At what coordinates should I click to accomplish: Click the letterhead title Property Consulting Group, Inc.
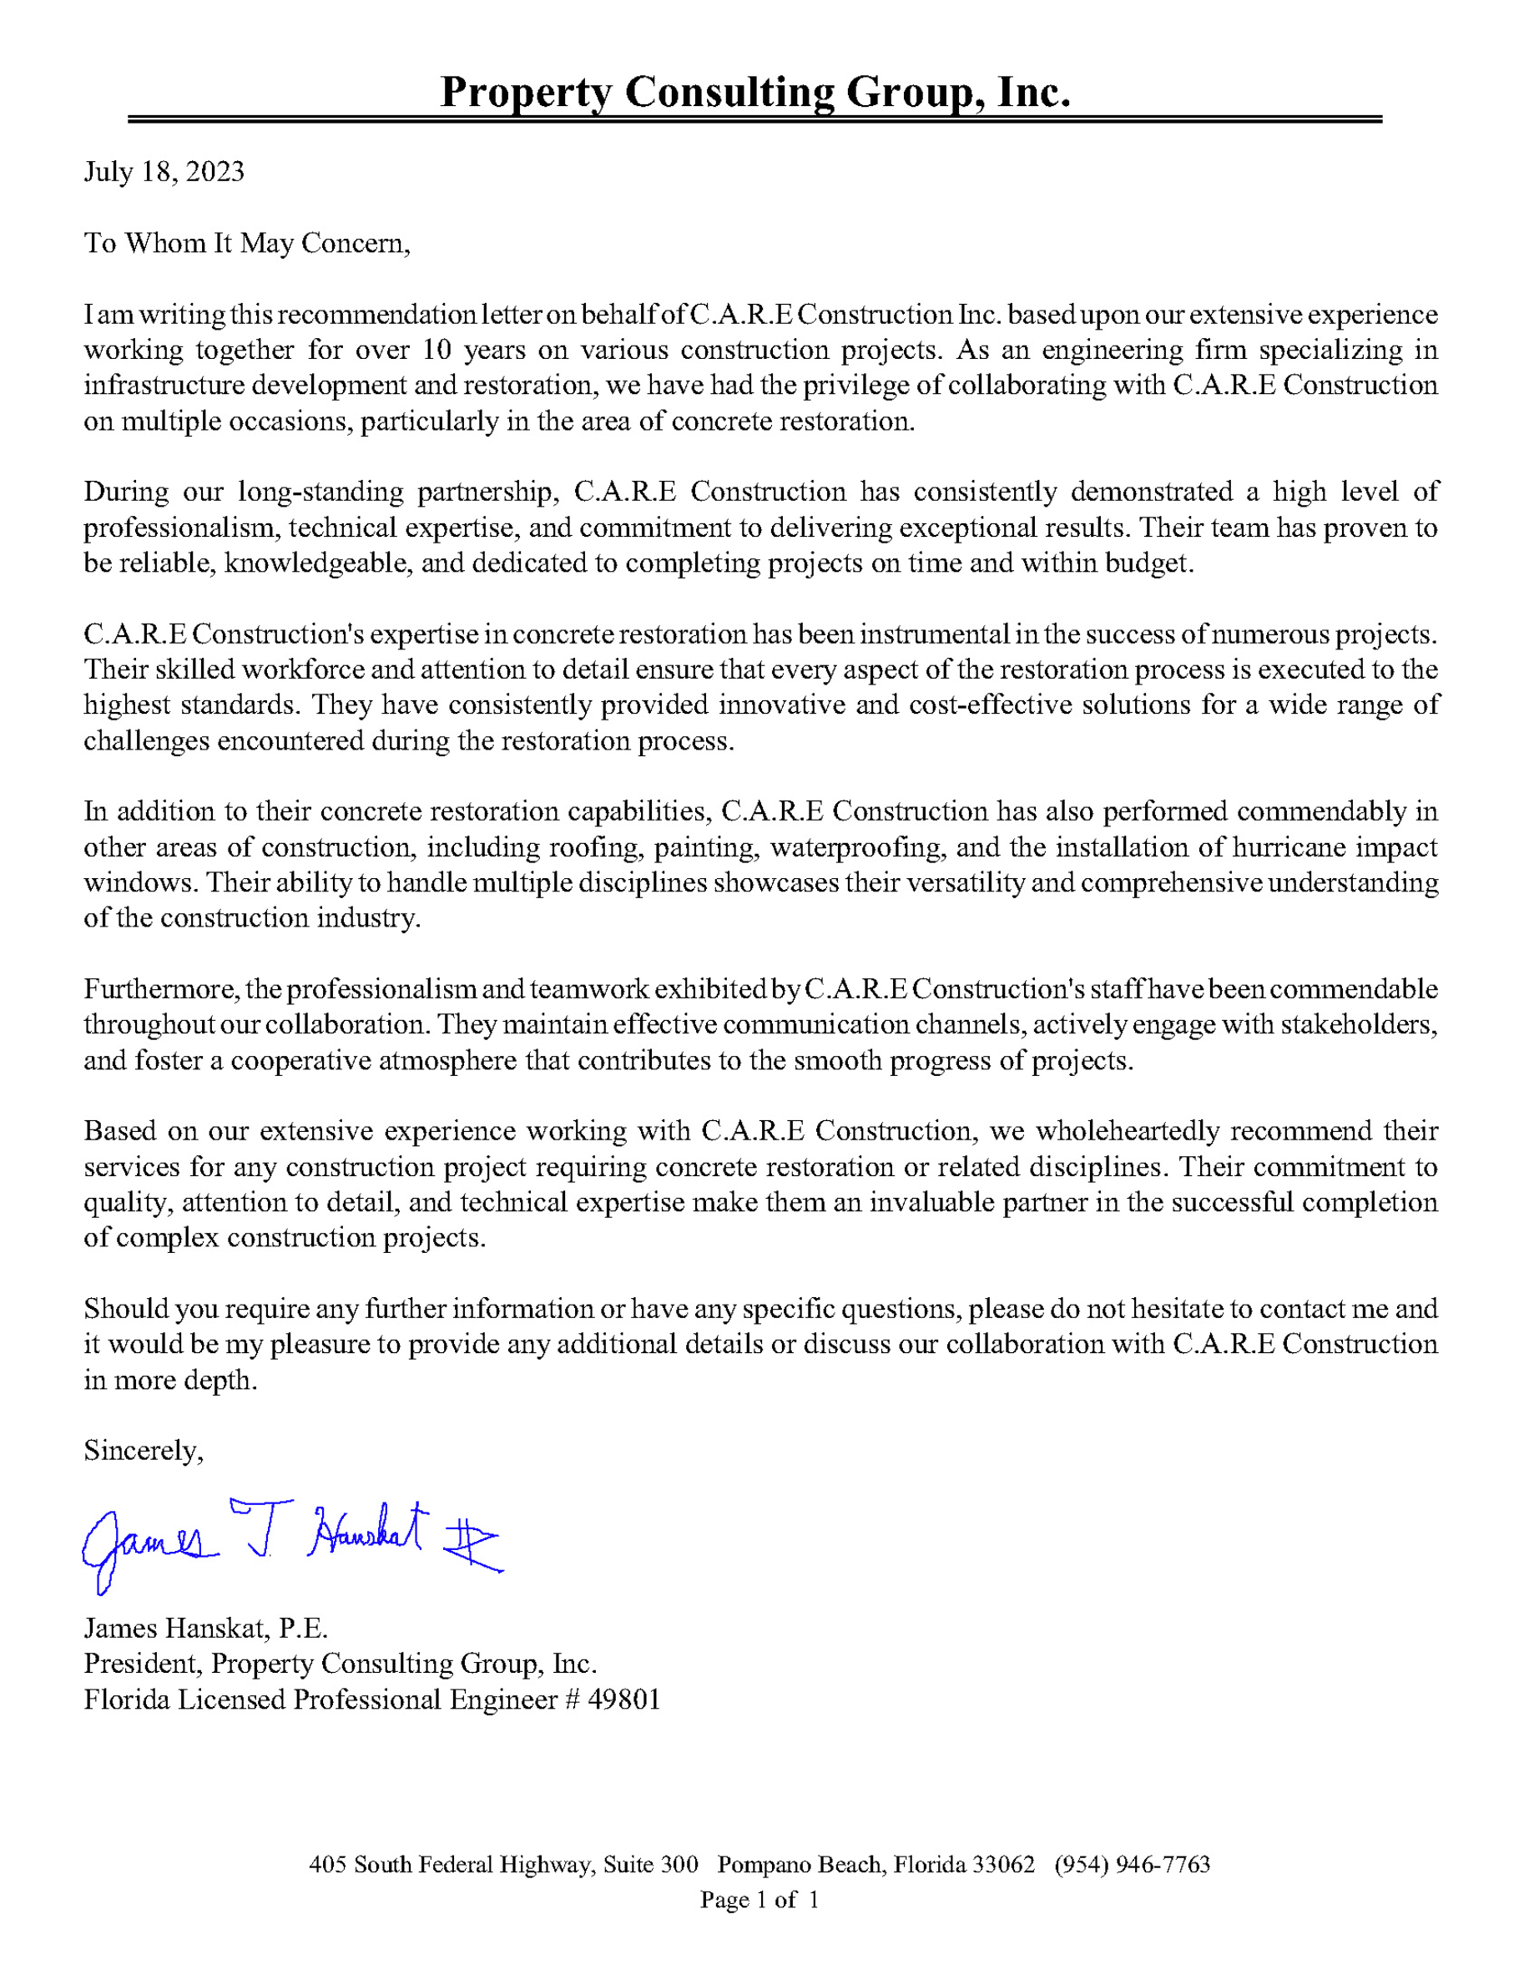click(x=755, y=93)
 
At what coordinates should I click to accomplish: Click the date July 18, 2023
click(x=164, y=172)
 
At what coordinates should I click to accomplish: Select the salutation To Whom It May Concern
click(x=246, y=243)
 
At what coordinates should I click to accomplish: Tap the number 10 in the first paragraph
click(x=437, y=350)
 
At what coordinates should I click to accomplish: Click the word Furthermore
click(x=161, y=989)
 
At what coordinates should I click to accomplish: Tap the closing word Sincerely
click(x=144, y=1452)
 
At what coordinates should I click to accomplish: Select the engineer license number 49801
click(x=623, y=1700)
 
